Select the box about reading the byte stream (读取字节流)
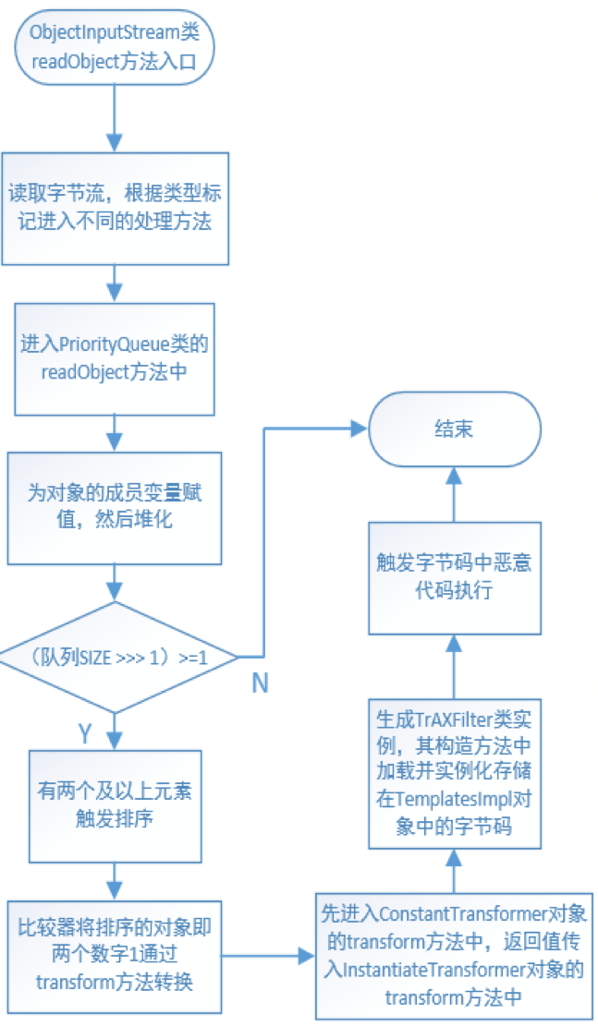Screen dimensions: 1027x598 115,209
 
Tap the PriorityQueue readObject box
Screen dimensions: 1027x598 115,358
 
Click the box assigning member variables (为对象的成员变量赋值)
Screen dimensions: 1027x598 115,507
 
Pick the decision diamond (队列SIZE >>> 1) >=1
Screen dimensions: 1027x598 115,657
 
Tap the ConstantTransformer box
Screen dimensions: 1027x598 452,956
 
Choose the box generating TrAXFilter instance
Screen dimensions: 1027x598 452,772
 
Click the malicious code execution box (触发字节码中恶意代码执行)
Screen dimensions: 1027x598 452,577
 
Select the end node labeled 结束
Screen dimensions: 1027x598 452,429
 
